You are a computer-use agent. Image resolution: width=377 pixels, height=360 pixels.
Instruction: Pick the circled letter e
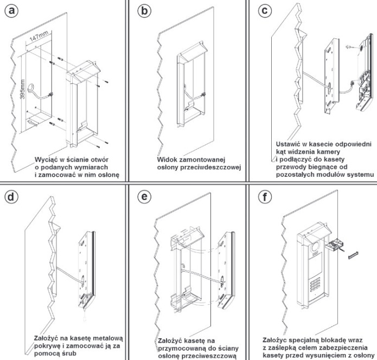coord(143,196)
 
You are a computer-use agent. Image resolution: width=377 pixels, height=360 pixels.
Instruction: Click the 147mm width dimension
coord(37,41)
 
